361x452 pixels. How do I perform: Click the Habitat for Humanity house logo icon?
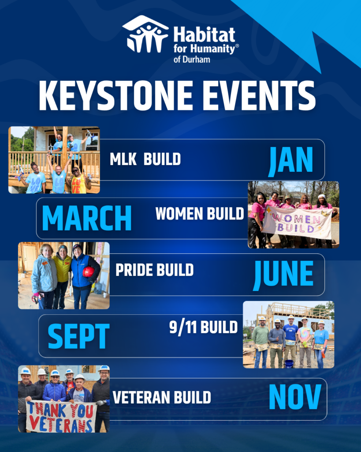pos(145,34)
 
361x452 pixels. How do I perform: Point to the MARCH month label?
pos(87,218)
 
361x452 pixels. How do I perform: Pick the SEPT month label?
pos(78,336)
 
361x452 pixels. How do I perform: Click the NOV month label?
pos(295,397)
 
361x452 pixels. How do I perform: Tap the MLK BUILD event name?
pos(145,159)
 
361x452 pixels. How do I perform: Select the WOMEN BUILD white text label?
pos(200,214)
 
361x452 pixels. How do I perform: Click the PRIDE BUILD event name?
pos(155,270)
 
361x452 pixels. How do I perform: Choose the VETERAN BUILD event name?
pos(162,398)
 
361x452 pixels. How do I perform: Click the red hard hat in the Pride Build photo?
pos(89,272)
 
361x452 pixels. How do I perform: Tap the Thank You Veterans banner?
pos(61,416)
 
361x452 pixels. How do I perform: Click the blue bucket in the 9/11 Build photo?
pos(289,364)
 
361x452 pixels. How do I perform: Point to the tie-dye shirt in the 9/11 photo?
pos(305,334)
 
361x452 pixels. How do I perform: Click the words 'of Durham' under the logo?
pos(191,60)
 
